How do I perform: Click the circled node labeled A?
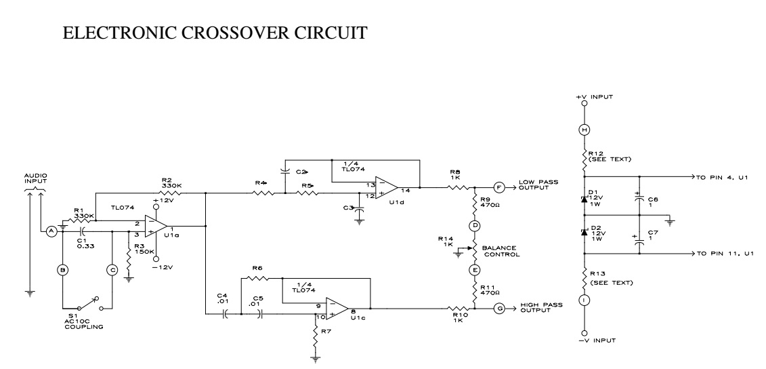click(x=51, y=231)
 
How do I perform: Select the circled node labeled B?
click(x=62, y=269)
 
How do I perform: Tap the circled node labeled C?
click(x=112, y=269)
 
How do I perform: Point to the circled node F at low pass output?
click(x=499, y=187)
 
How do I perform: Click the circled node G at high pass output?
click(x=499, y=309)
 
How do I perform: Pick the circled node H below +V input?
click(x=585, y=129)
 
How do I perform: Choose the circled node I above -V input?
click(x=585, y=300)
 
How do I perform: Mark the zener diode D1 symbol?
click(x=585, y=199)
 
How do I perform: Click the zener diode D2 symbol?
click(x=585, y=233)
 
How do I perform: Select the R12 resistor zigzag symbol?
click(x=585, y=158)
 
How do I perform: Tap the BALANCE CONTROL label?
click(x=502, y=252)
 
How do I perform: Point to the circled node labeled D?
click(x=475, y=225)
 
